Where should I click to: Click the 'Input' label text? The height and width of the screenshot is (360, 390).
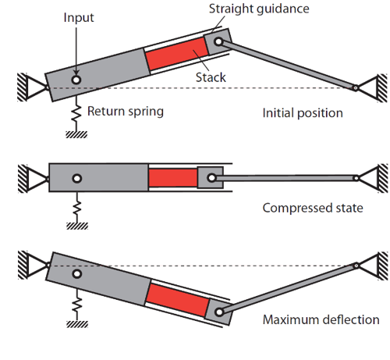(x=79, y=18)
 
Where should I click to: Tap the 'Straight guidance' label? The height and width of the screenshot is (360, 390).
(x=259, y=9)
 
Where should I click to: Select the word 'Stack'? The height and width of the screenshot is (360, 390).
(x=211, y=77)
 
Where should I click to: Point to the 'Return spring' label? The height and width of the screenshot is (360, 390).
(x=126, y=112)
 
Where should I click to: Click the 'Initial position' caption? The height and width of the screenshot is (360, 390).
(x=303, y=113)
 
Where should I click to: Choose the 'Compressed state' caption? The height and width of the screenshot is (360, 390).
(x=313, y=208)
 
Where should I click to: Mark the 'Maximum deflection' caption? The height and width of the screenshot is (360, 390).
(x=321, y=319)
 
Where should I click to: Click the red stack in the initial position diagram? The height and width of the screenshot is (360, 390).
(x=177, y=54)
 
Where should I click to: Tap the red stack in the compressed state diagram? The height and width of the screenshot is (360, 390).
(x=173, y=178)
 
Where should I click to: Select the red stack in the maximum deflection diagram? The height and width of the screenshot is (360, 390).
(x=177, y=300)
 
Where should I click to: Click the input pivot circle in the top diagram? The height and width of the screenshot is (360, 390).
(x=76, y=80)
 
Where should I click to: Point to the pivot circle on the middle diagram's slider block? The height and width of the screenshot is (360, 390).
(x=211, y=178)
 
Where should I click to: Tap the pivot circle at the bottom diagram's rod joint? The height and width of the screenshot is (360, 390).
(x=219, y=312)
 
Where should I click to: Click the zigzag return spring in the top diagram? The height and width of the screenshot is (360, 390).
(x=76, y=114)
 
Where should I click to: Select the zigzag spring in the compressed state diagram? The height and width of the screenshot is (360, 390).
(x=77, y=207)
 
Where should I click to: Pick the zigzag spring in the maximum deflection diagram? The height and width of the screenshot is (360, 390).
(x=77, y=305)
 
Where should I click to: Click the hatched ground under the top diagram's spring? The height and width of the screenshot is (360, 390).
(x=76, y=134)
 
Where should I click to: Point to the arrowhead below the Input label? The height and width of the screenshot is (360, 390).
(x=76, y=72)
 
